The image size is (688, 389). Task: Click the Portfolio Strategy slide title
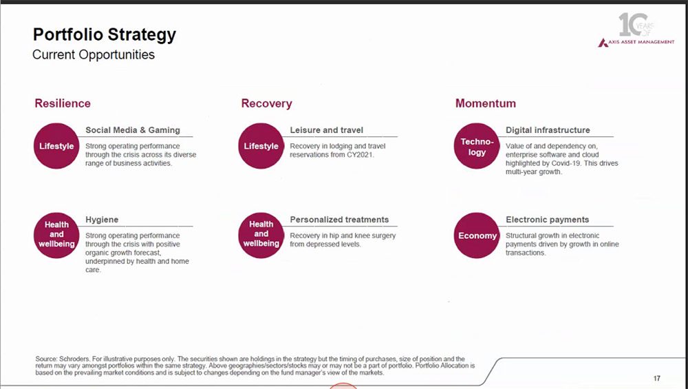point(105,35)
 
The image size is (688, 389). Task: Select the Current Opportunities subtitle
point(94,55)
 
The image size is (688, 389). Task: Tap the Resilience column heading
point(63,103)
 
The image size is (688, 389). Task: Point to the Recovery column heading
point(266,103)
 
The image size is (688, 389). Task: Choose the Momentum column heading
point(485,103)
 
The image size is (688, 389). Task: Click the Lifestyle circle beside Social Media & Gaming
point(56,146)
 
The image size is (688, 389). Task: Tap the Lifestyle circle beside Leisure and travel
point(261,146)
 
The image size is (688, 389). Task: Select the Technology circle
point(477,146)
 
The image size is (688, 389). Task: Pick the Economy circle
point(477,235)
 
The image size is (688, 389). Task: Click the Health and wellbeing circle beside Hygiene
point(56,235)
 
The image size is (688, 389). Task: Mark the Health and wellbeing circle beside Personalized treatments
point(261,235)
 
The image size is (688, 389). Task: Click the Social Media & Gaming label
point(133,130)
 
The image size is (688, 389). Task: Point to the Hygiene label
point(102,220)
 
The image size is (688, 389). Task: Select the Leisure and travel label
point(326,130)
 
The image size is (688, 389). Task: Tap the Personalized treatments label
point(339,220)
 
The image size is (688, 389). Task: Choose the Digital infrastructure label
point(548,130)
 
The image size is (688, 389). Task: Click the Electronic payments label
point(547,220)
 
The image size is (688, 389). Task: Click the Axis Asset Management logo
point(636,30)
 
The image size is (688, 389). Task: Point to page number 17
point(657,378)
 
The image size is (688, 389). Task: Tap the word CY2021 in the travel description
point(360,154)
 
